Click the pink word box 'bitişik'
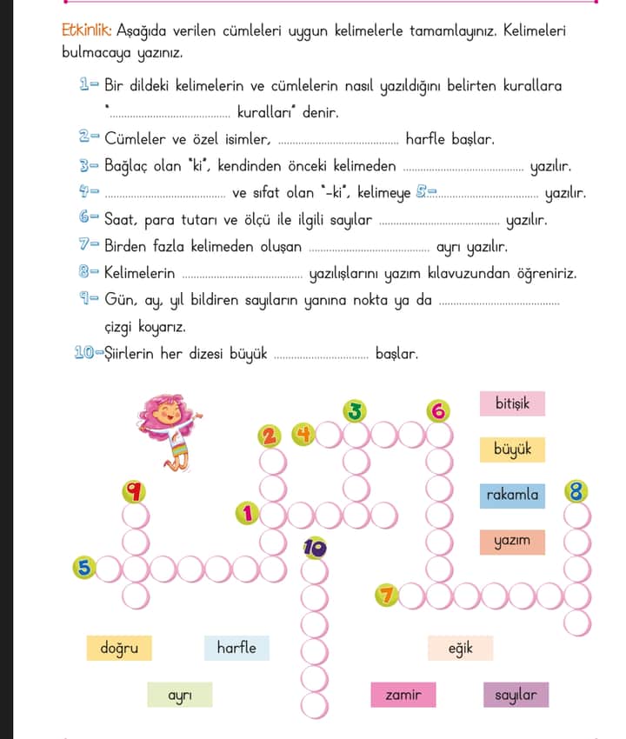coord(512,403)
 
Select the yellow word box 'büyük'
coord(512,449)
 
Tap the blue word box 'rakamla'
coord(512,496)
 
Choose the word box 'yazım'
coord(512,542)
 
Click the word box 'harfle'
coord(236,648)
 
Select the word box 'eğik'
coord(460,648)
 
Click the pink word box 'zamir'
coord(403,695)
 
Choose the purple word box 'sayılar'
coord(516,695)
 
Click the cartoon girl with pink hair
coord(170,429)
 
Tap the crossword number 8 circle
coord(576,492)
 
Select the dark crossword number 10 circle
coord(314,548)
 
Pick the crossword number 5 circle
coord(84,568)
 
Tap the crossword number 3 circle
coord(354,410)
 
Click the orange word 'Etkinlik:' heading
coord(85,30)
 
